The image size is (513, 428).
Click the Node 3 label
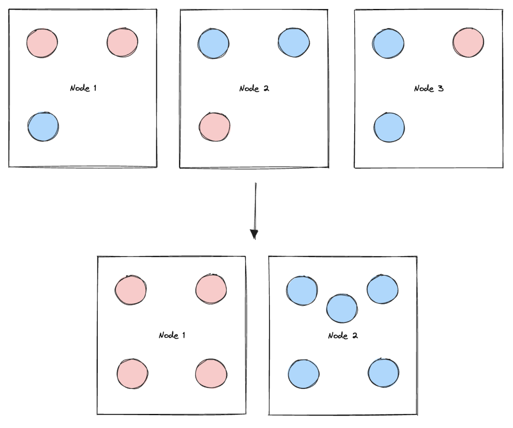tap(428, 89)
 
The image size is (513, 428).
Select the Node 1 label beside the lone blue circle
tap(83, 89)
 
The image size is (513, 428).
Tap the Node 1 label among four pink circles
tap(172, 335)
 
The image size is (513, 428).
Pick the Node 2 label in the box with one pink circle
tap(254, 89)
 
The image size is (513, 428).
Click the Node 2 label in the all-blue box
tap(343, 335)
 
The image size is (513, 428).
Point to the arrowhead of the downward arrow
tap(254, 234)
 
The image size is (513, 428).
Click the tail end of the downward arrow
tap(256, 184)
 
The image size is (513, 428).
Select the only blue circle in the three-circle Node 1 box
tap(43, 127)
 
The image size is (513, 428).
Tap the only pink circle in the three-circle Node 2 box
tap(215, 127)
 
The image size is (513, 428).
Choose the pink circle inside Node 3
tap(468, 43)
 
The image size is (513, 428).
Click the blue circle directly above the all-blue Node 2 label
tap(342, 308)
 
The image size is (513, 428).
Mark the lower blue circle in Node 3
tap(389, 127)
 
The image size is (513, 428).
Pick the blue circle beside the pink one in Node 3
tap(388, 44)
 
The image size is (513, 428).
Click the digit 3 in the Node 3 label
tap(441, 89)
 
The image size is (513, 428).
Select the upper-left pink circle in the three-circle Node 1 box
tap(42, 43)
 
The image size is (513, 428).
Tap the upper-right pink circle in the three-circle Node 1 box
tap(122, 43)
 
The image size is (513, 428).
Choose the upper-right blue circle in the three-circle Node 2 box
tap(294, 43)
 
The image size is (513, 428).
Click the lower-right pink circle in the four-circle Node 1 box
tap(211, 373)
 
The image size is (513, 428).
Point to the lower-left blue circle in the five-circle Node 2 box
tap(304, 374)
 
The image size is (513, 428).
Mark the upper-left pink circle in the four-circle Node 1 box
tap(131, 290)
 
